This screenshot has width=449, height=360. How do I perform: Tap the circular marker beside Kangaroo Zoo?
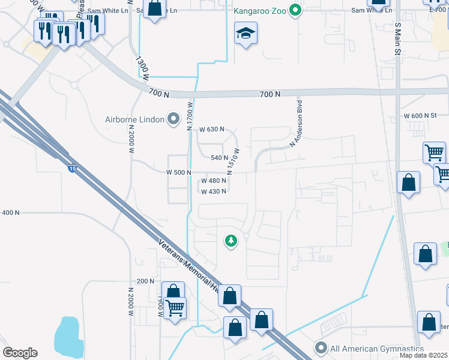(295, 10)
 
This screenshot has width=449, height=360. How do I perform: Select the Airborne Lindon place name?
(134, 119)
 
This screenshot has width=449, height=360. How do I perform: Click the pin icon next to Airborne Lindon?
(173, 119)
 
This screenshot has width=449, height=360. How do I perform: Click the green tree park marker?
(231, 241)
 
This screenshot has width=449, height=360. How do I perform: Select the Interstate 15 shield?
(72, 169)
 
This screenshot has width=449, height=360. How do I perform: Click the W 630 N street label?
(211, 129)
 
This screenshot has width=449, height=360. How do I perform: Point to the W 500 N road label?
(178, 173)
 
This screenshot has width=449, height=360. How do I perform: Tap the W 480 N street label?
(213, 181)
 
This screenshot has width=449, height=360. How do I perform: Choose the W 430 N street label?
(213, 191)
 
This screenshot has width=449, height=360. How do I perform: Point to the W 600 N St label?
(425, 115)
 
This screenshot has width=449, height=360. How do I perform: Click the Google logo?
(20, 353)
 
